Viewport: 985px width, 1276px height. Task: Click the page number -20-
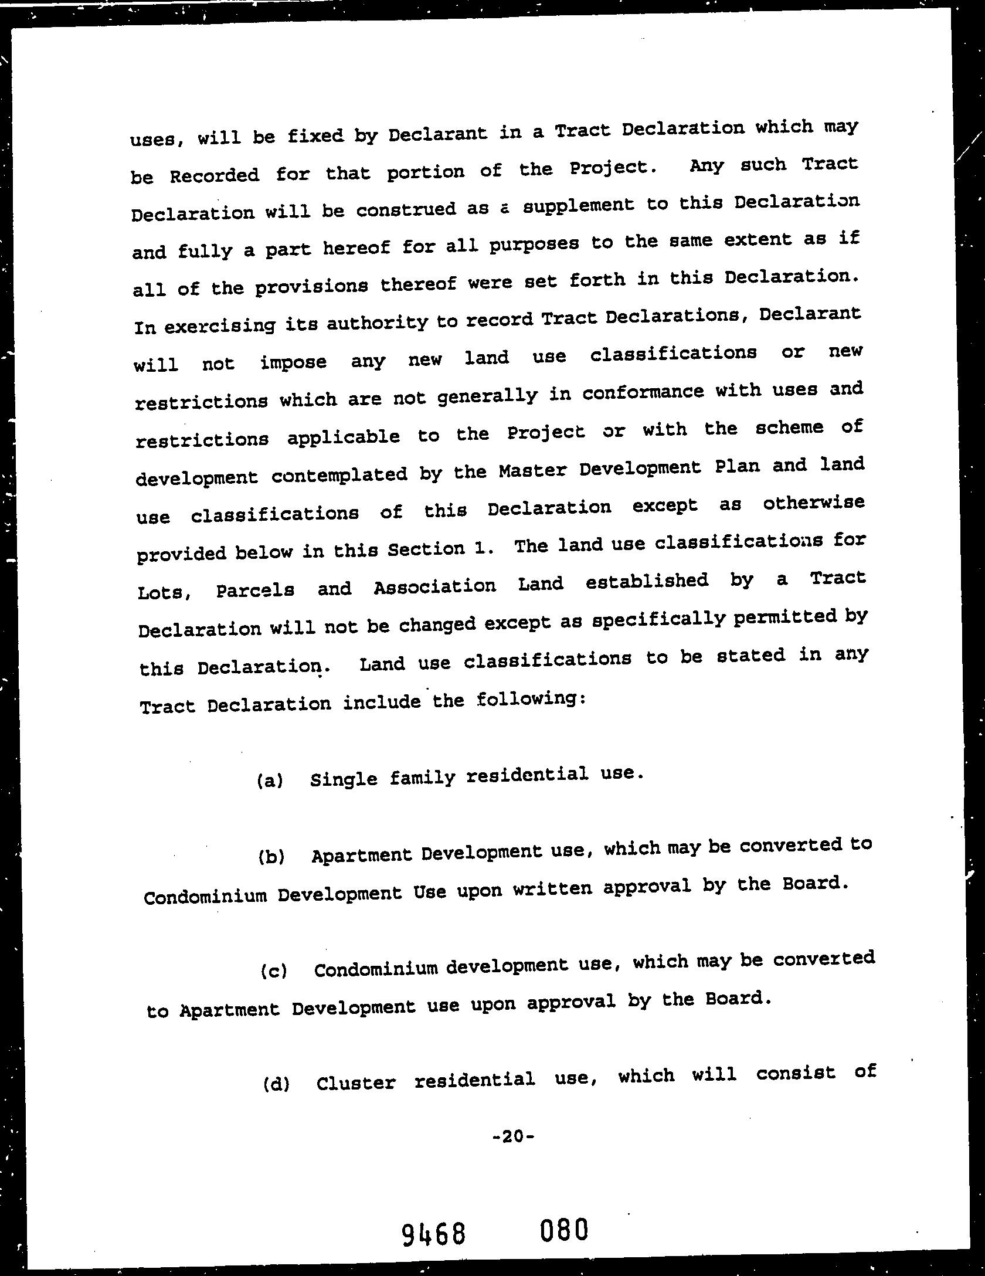tap(513, 1136)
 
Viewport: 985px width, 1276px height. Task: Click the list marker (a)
tap(270, 781)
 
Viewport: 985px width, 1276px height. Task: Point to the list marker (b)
tap(271, 857)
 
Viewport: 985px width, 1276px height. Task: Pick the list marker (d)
tap(276, 1084)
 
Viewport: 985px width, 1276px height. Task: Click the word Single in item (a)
tap(344, 779)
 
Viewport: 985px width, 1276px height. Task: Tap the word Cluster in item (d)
tap(356, 1082)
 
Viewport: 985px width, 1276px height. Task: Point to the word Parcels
tap(255, 590)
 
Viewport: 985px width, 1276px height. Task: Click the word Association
tap(434, 586)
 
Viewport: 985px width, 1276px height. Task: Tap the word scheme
tap(789, 428)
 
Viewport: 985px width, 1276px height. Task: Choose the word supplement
tap(578, 206)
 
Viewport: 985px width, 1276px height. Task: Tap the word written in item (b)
tap(552, 890)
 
